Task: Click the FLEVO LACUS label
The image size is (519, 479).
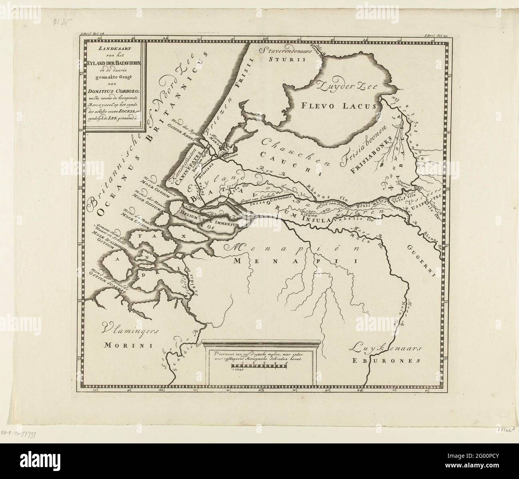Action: pyautogui.click(x=337, y=106)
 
